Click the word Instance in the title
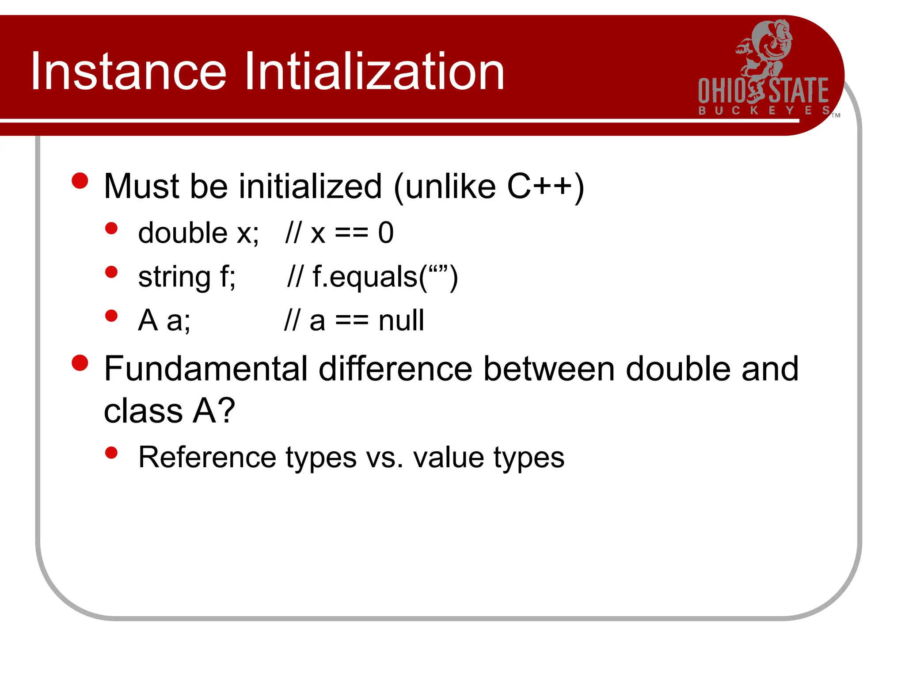128,72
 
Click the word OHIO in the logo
721,91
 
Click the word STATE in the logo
799,91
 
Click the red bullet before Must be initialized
80,181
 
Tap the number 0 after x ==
385,233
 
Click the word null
401,320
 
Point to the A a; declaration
164,320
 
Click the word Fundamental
205,369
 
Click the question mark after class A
227,411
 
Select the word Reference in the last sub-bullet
207,457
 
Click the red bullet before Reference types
111,453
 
